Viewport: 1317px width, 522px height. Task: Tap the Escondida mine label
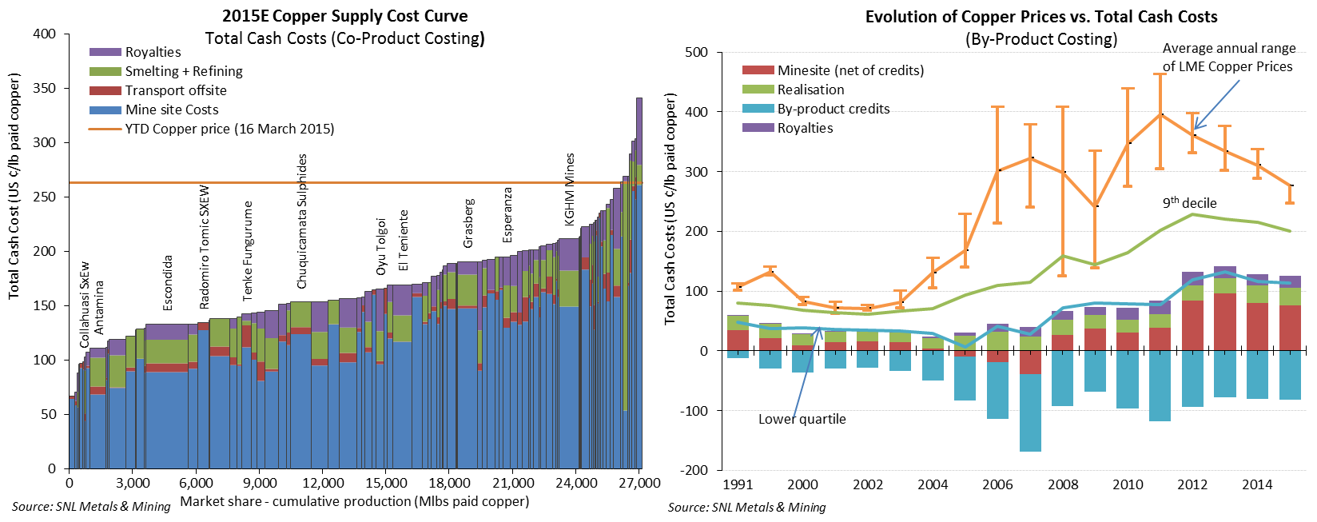(x=168, y=283)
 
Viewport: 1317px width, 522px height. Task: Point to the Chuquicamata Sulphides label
(x=302, y=221)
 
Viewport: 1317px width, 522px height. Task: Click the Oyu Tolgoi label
(x=382, y=246)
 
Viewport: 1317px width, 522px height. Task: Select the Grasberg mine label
(x=469, y=223)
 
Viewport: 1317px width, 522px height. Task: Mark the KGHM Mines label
(x=570, y=189)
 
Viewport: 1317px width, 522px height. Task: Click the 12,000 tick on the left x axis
(x=323, y=483)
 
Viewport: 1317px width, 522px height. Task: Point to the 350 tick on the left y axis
(x=45, y=88)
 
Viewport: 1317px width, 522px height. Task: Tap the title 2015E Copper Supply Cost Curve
(x=345, y=16)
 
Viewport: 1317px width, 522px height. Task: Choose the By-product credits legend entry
(x=833, y=109)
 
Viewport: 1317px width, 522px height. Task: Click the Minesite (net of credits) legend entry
(x=850, y=70)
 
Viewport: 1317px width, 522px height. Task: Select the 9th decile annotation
(x=1189, y=203)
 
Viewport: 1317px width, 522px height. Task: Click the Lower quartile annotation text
(x=802, y=419)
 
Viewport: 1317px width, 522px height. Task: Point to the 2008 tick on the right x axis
(x=1062, y=484)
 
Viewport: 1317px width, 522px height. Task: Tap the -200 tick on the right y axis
(x=691, y=470)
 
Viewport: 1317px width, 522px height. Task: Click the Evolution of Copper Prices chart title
(x=1040, y=17)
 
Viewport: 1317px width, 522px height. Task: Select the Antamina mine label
(x=99, y=307)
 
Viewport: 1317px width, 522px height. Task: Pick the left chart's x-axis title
(x=354, y=501)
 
